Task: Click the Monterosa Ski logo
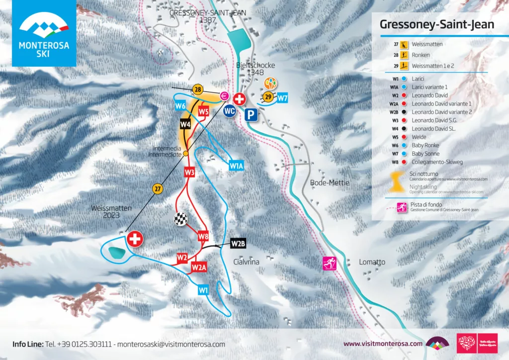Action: [44, 33]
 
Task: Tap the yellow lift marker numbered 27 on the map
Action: [158, 188]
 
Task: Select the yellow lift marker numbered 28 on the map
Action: [197, 90]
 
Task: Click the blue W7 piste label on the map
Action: [282, 98]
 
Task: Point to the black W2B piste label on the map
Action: [238, 244]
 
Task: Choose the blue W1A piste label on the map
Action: [236, 166]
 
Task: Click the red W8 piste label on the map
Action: [203, 235]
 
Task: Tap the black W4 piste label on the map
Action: [185, 123]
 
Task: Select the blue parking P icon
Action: [252, 115]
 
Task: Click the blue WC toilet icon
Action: [230, 111]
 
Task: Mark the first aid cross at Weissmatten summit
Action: [135, 239]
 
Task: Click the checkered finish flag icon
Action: [179, 219]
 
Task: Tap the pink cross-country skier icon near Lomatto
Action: [329, 263]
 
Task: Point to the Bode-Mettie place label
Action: [330, 183]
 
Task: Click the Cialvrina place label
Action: [247, 262]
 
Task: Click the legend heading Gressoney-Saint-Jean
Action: [436, 24]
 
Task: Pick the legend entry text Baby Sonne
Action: [423, 154]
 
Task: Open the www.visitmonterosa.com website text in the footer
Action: [383, 344]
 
